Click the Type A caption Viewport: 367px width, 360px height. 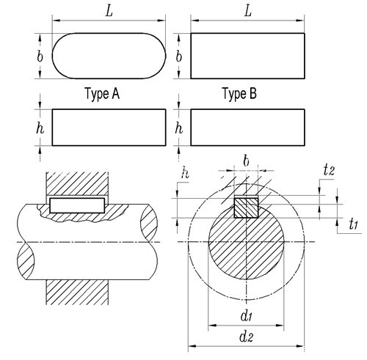102,94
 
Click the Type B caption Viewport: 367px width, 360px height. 239,94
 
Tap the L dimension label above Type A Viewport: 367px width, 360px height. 109,11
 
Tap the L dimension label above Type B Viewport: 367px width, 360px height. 248,11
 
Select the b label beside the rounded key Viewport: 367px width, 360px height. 40,56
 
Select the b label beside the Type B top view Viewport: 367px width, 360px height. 179,56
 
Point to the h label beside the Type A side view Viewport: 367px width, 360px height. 40,128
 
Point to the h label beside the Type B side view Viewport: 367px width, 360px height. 179,128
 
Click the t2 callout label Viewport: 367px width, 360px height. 329,169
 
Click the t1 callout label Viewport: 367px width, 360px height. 354,224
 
